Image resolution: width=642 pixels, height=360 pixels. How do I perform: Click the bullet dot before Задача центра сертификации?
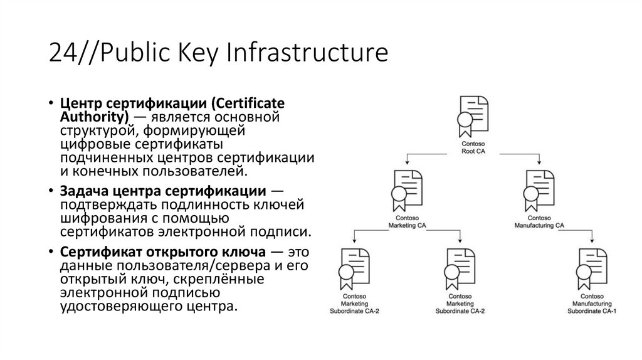pyautogui.click(x=51, y=191)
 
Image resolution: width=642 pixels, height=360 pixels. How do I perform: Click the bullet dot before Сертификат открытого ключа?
pyautogui.click(x=51, y=252)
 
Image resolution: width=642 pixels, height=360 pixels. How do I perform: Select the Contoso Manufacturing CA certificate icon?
pyautogui.click(x=539, y=190)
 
